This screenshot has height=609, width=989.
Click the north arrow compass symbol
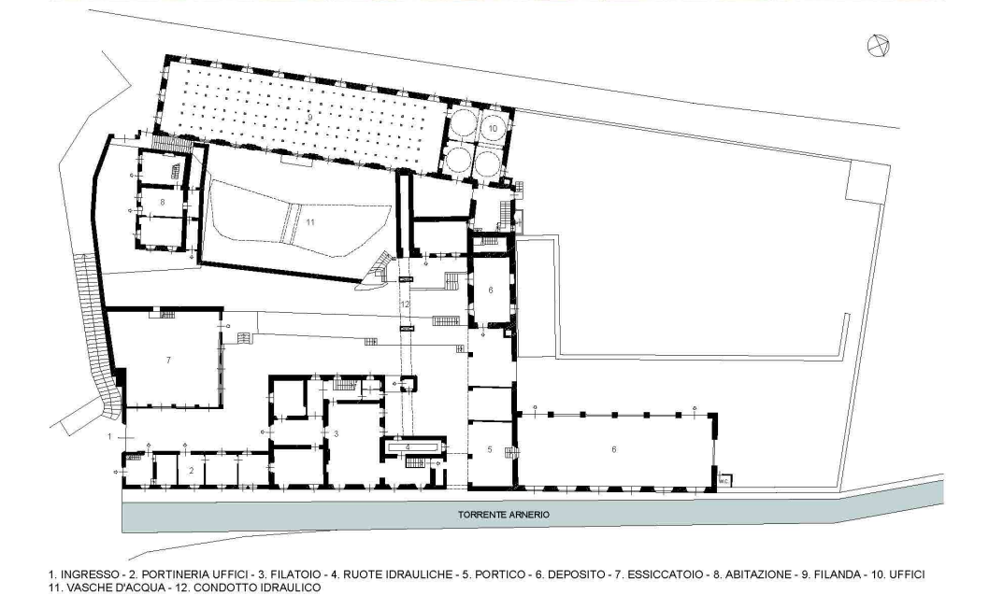point(878,46)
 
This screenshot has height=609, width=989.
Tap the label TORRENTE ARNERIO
point(503,515)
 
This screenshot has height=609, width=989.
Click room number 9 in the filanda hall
point(310,118)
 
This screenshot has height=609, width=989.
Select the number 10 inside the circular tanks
point(493,128)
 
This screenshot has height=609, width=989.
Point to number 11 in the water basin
point(309,222)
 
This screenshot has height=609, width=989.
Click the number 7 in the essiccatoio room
point(168,360)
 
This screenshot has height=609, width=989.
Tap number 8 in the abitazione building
point(163,203)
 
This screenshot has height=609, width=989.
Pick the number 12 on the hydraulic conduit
point(405,304)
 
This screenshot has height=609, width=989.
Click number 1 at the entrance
point(109,436)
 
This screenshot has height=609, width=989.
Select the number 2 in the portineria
point(192,471)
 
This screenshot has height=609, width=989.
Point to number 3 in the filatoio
point(337,433)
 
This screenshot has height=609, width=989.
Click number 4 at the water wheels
point(408,447)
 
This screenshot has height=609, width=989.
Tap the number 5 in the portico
point(490,449)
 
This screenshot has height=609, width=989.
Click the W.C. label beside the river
point(724,482)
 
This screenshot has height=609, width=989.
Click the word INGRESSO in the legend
point(90,574)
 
